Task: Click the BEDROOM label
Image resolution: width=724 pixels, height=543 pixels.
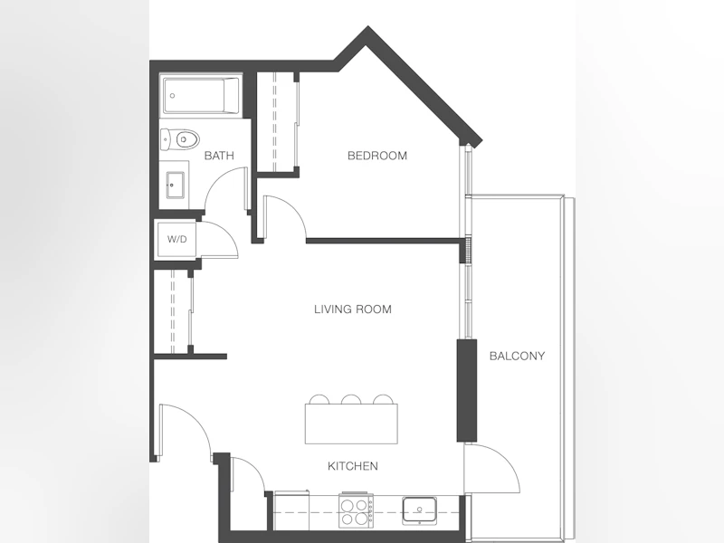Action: pos(377,156)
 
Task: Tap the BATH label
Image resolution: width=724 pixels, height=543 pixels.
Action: pos(219,156)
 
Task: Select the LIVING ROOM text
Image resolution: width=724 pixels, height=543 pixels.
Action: pos(353,309)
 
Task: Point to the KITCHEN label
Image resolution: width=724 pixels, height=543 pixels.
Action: pos(353,466)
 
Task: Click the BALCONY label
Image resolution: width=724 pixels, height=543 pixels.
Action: pos(517,356)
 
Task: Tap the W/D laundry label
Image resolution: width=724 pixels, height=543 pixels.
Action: pos(176,239)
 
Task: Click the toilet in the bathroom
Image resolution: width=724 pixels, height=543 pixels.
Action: pos(179,139)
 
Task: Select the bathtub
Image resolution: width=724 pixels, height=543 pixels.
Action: pos(201,96)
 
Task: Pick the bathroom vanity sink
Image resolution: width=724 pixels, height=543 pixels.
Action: pos(175,186)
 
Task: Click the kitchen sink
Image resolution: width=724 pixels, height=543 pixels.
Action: pos(419,510)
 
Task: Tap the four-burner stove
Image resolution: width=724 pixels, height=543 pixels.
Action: pos(356,510)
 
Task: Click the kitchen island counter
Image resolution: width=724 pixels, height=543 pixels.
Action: pos(351,424)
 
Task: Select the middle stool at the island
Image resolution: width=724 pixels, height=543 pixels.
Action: pos(351,399)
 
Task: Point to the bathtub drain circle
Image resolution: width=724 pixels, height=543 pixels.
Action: pos(173,96)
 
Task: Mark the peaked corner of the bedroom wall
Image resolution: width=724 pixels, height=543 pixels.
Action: pos(367,32)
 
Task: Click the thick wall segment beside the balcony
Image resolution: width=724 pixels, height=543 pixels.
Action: pos(467,391)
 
